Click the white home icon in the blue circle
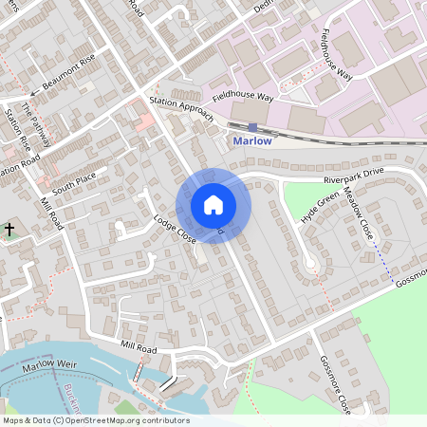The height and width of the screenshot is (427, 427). pyautogui.click(x=213, y=204)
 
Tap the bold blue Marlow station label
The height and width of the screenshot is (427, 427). pyautogui.click(x=252, y=140)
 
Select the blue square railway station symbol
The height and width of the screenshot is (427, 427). pyautogui.click(x=252, y=126)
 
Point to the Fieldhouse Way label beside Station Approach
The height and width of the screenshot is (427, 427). pyautogui.click(x=242, y=97)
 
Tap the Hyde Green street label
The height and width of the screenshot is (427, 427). pyautogui.click(x=320, y=208)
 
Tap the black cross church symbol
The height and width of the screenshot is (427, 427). pyautogui.click(x=9, y=230)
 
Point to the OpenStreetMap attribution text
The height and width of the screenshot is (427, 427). pyautogui.click(x=95, y=420)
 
